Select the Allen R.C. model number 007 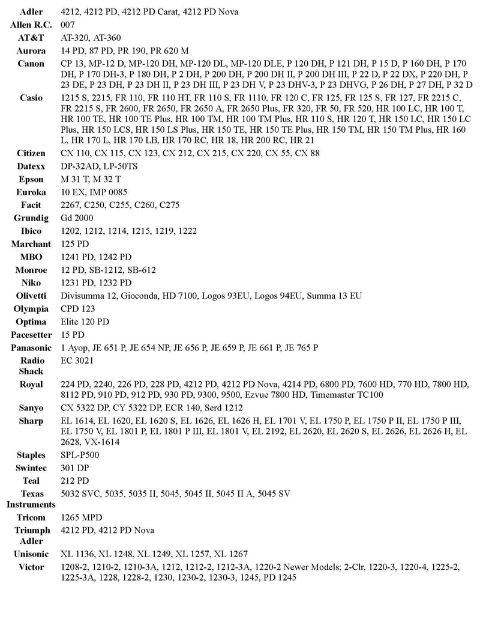[68, 25]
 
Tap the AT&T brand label [31, 38]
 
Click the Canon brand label [31, 64]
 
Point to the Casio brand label [31, 97]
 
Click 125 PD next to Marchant [75, 244]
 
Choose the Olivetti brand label [31, 296]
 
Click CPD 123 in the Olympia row [78, 309]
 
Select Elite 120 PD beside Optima [85, 322]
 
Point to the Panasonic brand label [31, 348]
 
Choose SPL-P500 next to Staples [80, 455]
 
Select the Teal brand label [31, 481]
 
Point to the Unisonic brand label [31, 554]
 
